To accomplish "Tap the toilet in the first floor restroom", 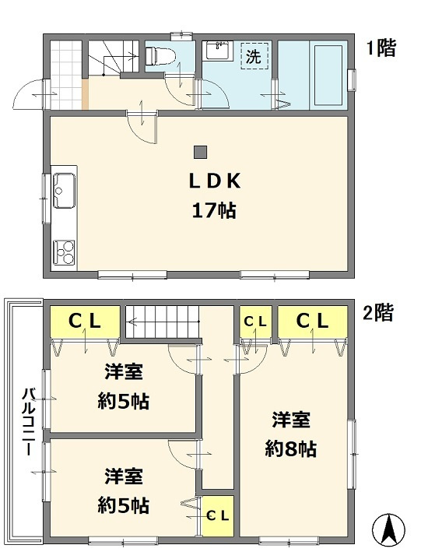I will coord(160,55).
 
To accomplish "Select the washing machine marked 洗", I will coord(254,56).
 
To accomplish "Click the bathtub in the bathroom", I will coord(321,74).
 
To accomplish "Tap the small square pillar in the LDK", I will coord(201,152).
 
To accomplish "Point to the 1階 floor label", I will coord(381,48).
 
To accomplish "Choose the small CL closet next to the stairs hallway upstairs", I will coord(254,321).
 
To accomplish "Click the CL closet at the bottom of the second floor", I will coord(217,515).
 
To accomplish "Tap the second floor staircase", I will coord(163,322).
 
